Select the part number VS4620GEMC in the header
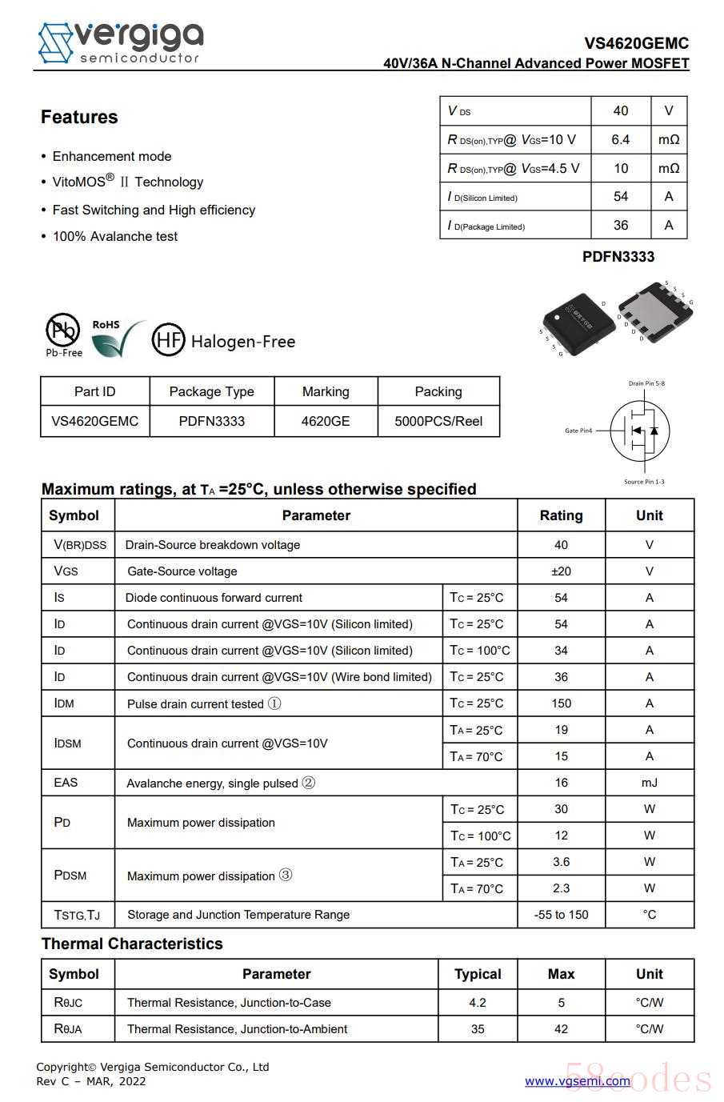click(636, 43)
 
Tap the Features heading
click(79, 118)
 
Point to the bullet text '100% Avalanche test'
click(115, 237)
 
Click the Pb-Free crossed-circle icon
click(63, 330)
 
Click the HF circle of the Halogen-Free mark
click(168, 340)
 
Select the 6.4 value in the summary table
click(621, 140)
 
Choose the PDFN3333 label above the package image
click(618, 257)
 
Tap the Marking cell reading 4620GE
click(326, 421)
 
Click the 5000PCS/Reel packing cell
click(438, 421)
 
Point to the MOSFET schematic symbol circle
click(640, 431)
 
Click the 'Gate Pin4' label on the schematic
click(578, 431)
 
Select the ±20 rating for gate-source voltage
click(561, 571)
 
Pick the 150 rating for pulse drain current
click(561, 703)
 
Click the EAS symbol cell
click(66, 783)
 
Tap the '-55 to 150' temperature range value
click(561, 915)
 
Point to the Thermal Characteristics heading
click(132, 944)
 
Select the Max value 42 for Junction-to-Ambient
click(561, 1029)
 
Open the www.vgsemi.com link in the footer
click(577, 1081)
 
